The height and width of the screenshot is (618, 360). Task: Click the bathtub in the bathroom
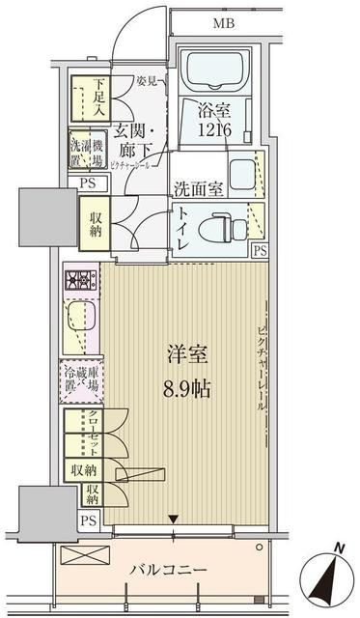click(x=215, y=70)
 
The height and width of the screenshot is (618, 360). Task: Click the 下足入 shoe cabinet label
click(x=100, y=98)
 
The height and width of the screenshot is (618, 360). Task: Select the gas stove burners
click(x=80, y=281)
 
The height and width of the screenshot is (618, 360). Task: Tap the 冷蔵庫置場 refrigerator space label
click(x=81, y=379)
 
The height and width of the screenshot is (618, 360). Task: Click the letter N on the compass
click(x=337, y=549)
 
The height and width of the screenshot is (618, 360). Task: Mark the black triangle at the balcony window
click(x=173, y=520)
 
